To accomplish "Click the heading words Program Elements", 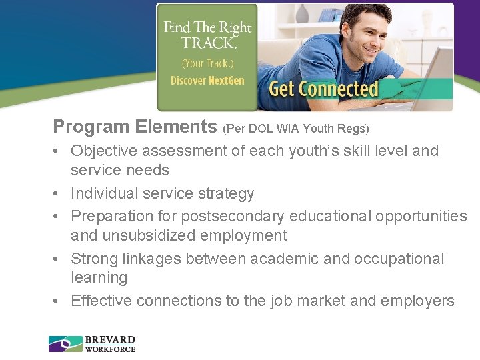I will click(x=135, y=126).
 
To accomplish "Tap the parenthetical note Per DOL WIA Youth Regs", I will click(x=296, y=127).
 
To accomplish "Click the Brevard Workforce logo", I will click(x=92, y=344).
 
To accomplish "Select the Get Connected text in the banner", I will click(x=323, y=89).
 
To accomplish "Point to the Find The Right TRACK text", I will click(x=207, y=35).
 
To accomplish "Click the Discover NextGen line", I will click(x=207, y=81).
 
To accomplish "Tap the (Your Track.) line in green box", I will click(x=207, y=63).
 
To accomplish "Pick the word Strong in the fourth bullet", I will click(x=93, y=259).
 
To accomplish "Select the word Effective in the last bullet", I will click(x=101, y=301).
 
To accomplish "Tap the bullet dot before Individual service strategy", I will click(x=58, y=194).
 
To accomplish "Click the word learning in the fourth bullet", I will click(x=99, y=277).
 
